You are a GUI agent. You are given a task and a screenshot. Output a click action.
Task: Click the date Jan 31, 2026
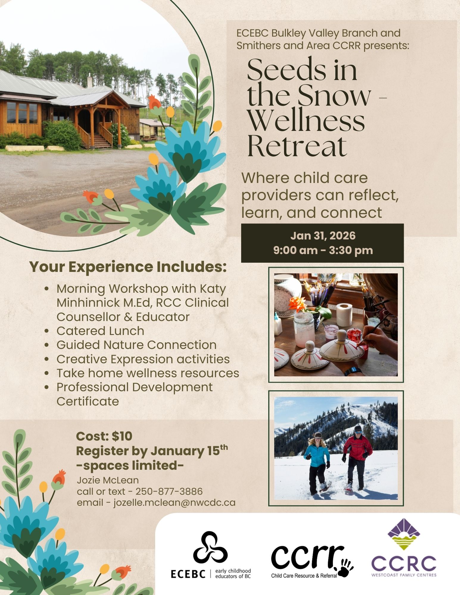pos(323,236)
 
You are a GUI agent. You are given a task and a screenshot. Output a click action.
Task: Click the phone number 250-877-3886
pos(169,491)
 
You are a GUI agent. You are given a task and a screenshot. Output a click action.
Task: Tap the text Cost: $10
pos(104,436)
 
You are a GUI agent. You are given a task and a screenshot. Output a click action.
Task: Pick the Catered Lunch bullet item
pos(100,331)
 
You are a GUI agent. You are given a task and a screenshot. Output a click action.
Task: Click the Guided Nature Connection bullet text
pos(136,345)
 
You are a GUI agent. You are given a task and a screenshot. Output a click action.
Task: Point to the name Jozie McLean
pos(108,480)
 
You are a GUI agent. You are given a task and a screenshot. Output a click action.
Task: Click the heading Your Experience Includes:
pos(128,267)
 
